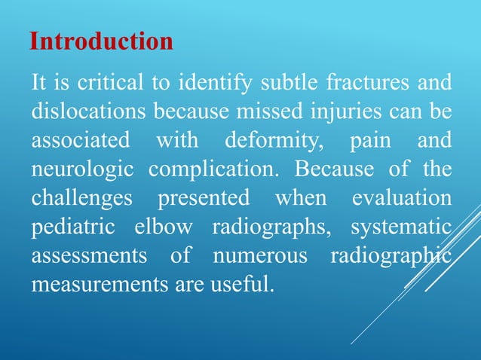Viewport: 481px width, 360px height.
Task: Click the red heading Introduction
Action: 101,41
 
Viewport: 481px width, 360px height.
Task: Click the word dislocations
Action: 89,112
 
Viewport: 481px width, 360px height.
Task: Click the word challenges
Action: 78,199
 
